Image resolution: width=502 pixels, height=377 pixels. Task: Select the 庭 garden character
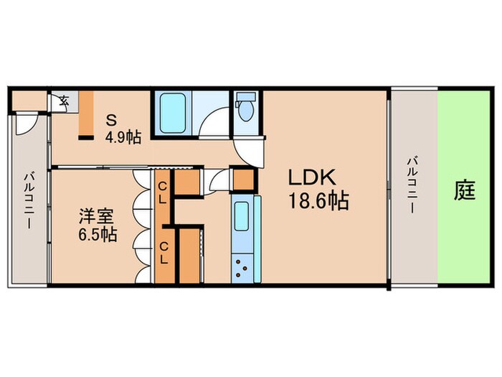[465, 192]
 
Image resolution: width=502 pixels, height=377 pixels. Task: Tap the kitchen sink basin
[240, 215]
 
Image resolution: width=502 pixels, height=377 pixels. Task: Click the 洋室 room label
[94, 215]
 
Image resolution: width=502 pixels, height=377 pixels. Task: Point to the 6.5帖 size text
[96, 233]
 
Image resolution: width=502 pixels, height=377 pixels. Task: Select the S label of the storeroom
[111, 119]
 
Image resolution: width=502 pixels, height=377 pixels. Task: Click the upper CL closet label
[163, 193]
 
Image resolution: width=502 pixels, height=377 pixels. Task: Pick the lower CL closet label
[163, 252]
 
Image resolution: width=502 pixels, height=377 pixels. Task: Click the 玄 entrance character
[63, 100]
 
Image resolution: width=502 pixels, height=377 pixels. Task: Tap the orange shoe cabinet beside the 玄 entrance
[84, 114]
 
